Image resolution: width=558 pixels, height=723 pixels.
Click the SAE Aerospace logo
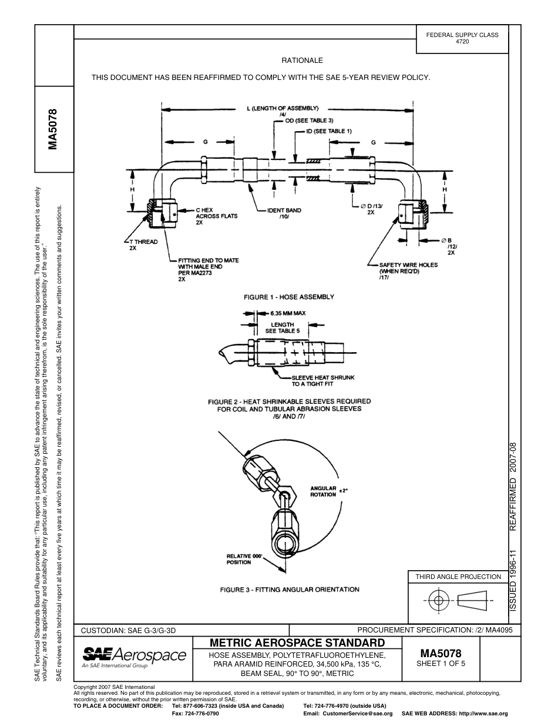click(x=134, y=656)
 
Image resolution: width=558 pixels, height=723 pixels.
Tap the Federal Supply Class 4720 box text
click(x=462, y=39)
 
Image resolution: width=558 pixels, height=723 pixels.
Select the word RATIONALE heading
click(x=302, y=61)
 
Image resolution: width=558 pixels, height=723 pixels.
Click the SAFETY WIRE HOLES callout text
click(x=408, y=268)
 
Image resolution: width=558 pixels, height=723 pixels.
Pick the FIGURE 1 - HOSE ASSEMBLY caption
click(x=289, y=297)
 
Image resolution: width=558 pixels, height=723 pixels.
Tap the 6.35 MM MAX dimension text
click(x=284, y=313)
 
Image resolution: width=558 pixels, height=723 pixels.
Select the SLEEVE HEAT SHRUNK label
click(x=323, y=380)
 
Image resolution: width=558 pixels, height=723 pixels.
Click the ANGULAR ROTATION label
click(x=324, y=491)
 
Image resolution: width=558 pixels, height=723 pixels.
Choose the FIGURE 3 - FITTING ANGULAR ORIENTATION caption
click(x=290, y=589)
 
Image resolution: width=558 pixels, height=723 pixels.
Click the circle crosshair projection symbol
click(x=436, y=601)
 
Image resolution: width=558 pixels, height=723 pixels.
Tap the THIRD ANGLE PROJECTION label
click(x=458, y=577)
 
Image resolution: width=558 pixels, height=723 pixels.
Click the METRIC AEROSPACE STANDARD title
click(x=297, y=642)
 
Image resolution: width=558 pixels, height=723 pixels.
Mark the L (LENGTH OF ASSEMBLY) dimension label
click(x=283, y=108)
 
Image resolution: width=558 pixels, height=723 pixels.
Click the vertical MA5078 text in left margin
click(x=53, y=129)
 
